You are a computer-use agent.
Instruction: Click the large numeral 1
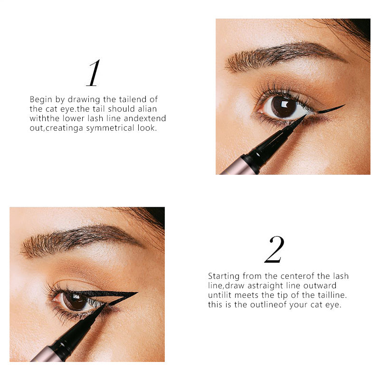point(94,73)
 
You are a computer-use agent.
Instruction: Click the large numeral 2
point(274,249)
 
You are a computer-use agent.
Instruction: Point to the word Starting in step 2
point(224,276)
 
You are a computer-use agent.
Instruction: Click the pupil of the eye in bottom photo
point(75,301)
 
